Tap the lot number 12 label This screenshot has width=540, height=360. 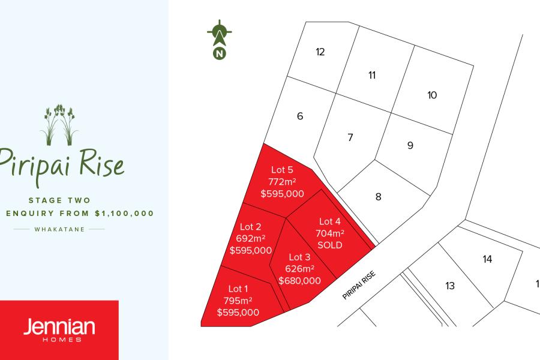pyautogui.click(x=320, y=52)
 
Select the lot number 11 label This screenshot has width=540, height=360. pyautogui.click(x=372, y=75)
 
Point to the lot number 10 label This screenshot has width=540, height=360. pyautogui.click(x=432, y=95)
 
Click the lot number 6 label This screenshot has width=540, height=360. pyautogui.click(x=300, y=116)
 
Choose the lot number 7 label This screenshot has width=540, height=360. pyautogui.click(x=350, y=137)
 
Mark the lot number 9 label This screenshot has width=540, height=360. pyautogui.click(x=410, y=145)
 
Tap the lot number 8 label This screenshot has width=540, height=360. pyautogui.click(x=378, y=196)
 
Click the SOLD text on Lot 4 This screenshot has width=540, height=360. pyautogui.click(x=329, y=245)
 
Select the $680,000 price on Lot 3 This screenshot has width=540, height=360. pyautogui.click(x=299, y=280)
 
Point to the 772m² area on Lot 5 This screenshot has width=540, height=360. pyautogui.click(x=282, y=181)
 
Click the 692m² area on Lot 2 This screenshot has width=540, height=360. pyautogui.click(x=250, y=238)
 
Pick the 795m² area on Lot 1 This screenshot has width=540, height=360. pyautogui.click(x=238, y=301)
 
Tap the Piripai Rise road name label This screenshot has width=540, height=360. pyautogui.click(x=359, y=285)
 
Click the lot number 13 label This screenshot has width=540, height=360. pyautogui.click(x=450, y=286)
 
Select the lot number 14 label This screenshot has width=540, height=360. pyautogui.click(x=487, y=259)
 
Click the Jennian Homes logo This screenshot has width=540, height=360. pyautogui.click(x=59, y=329)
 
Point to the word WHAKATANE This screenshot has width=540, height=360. pyautogui.click(x=59, y=229)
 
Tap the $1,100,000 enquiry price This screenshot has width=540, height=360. pyautogui.click(x=124, y=213)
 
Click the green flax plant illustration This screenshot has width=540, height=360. pyautogui.click(x=59, y=125)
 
